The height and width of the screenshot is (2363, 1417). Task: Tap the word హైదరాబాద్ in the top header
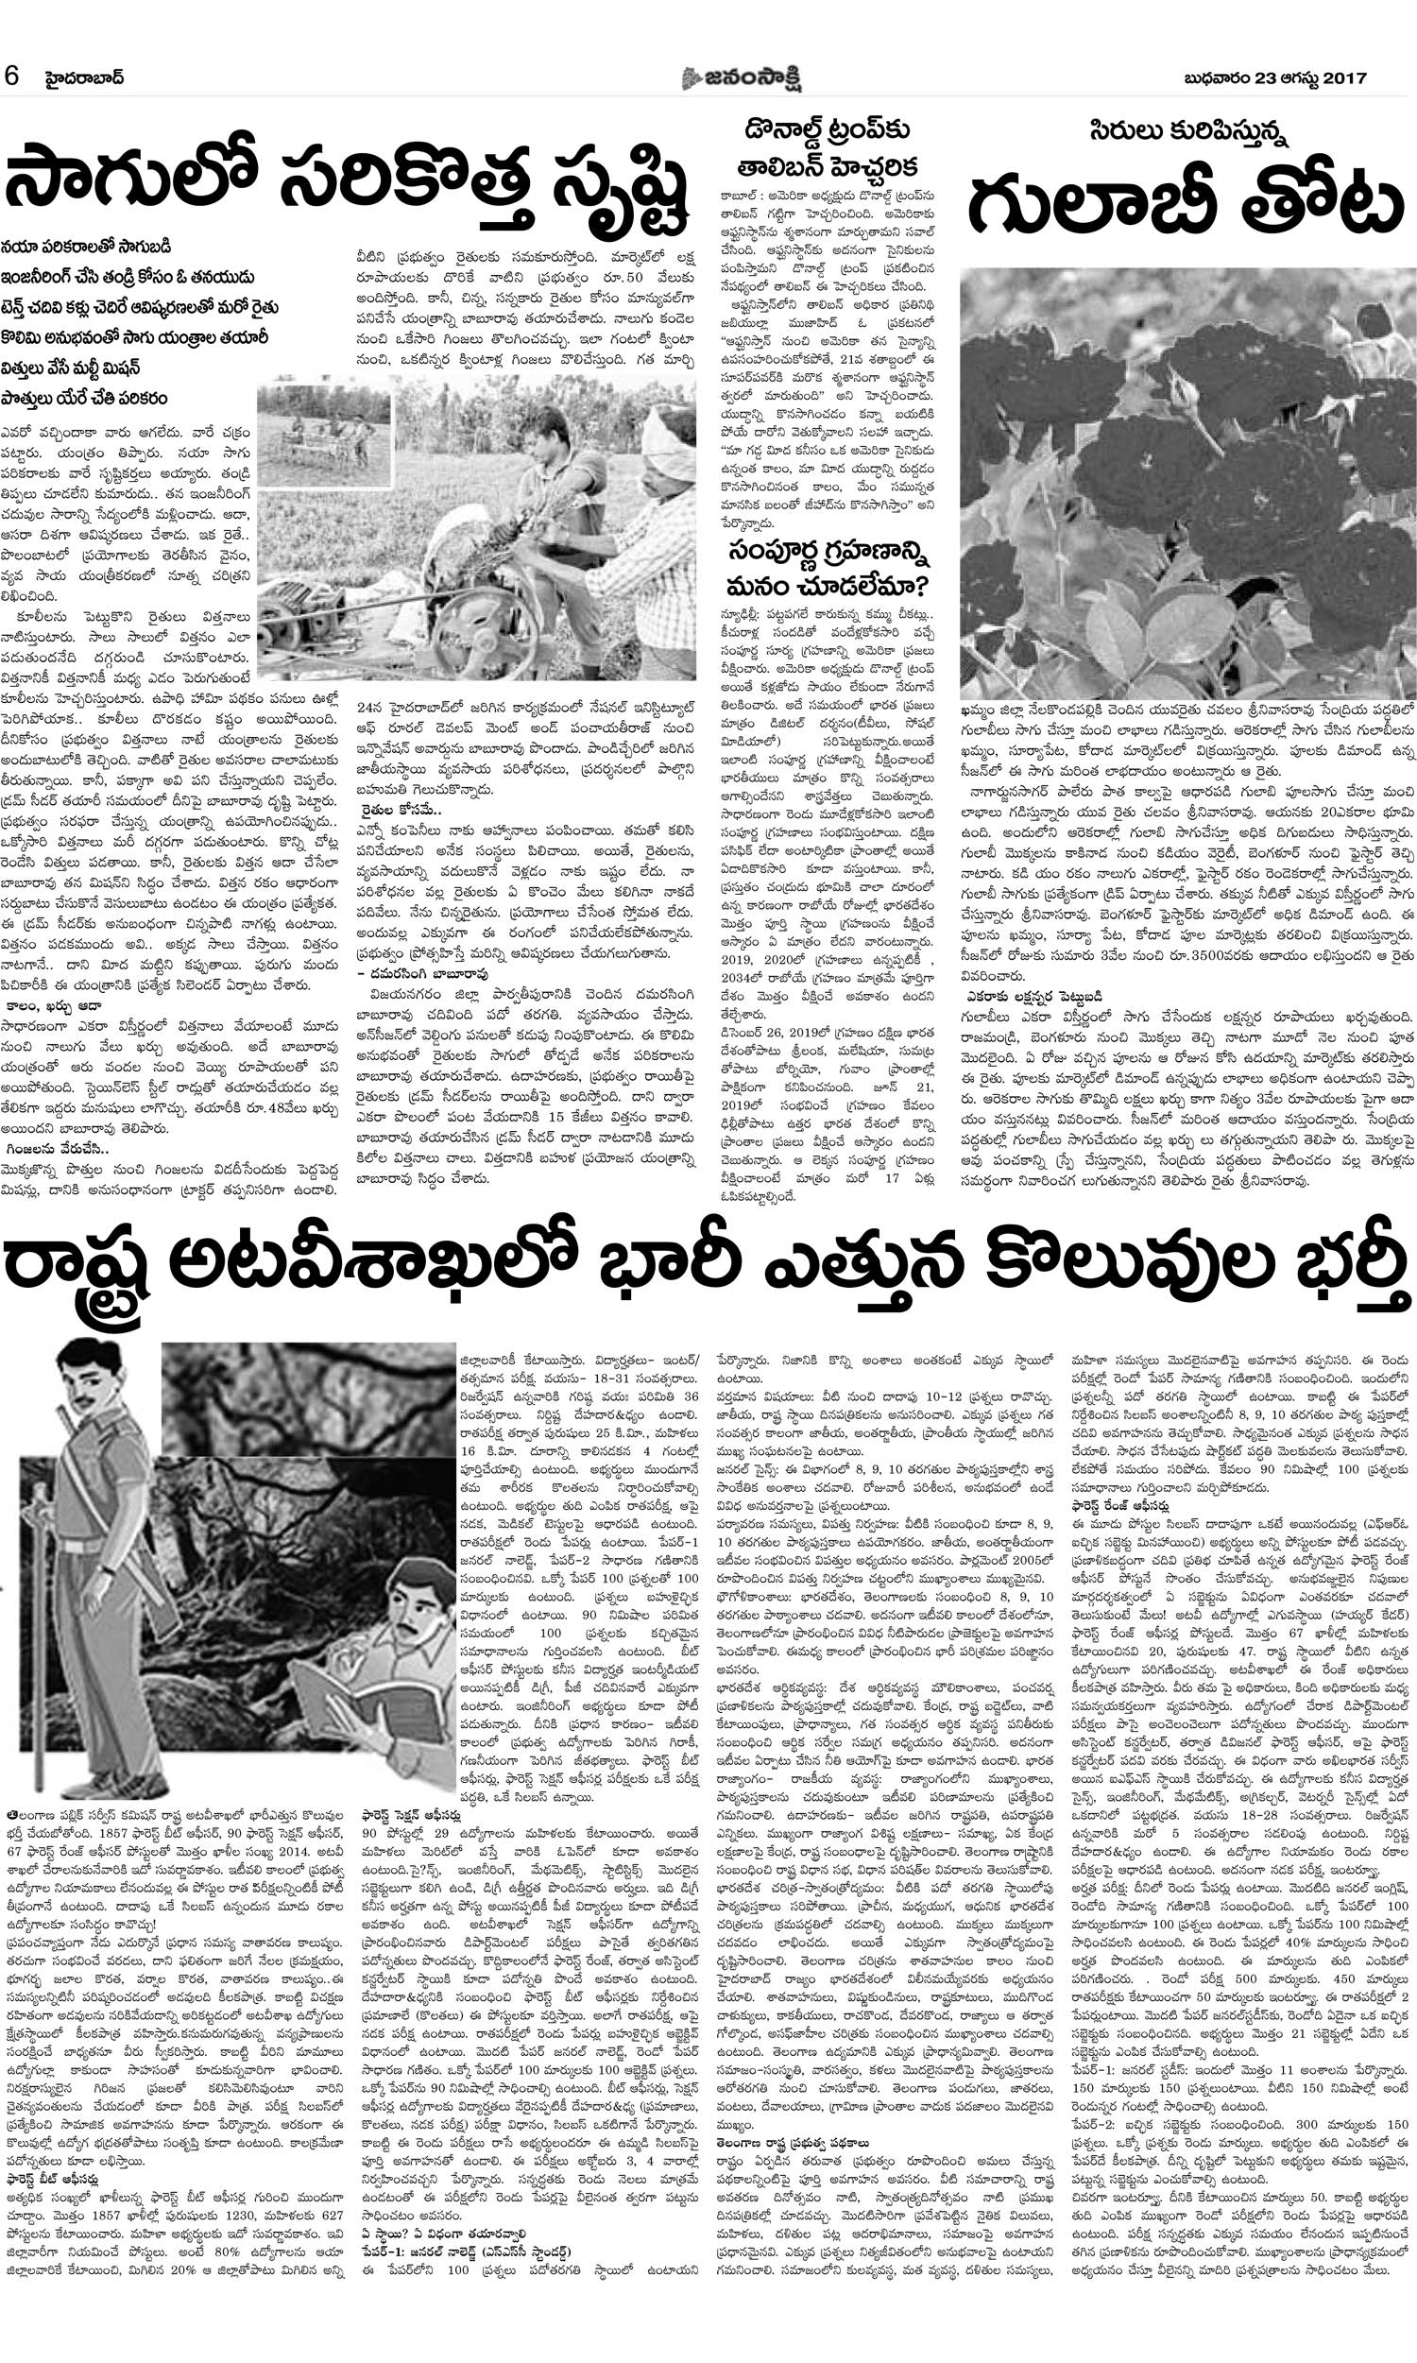pos(85,77)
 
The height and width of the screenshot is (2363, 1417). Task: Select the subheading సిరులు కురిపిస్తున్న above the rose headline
pos(1183,130)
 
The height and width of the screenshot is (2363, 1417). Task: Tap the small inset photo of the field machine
pos(324,436)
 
